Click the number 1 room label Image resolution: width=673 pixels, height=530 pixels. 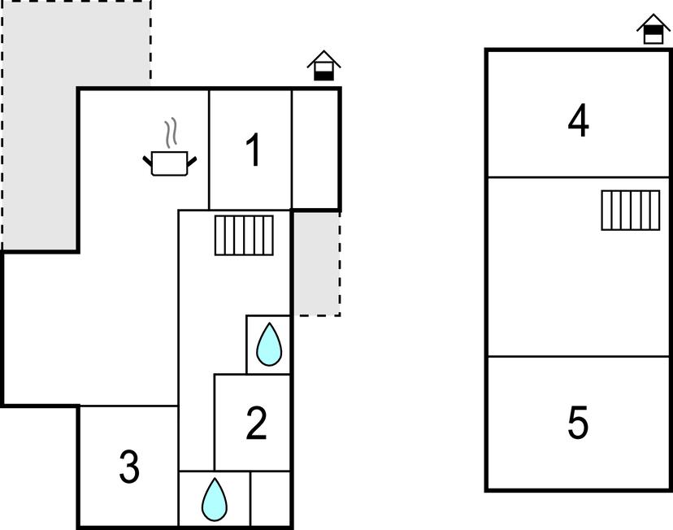[254, 150]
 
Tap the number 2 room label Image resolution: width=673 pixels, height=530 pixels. [256, 424]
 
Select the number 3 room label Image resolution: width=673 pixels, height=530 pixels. [129, 467]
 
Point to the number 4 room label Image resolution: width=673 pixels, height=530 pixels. [578, 120]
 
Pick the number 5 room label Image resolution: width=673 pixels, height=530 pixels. [578, 423]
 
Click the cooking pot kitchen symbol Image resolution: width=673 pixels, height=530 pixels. [170, 163]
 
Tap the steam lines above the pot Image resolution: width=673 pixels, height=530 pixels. [171, 132]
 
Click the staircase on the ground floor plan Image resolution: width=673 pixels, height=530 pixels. [244, 235]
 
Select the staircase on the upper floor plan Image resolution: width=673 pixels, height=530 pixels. [631, 211]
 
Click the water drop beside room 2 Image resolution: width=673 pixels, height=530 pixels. [269, 345]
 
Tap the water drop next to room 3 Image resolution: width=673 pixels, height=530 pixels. [215, 500]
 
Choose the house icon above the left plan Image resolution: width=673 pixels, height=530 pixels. [324, 66]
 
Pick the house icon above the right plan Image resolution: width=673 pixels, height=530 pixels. [653, 29]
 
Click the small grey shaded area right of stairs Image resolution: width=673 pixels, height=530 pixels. [317, 263]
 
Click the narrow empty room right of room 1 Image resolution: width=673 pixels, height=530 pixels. [315, 150]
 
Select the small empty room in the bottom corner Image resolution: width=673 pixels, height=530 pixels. [270, 498]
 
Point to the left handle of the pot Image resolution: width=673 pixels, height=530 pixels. [147, 162]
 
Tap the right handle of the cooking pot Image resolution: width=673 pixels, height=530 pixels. [192, 162]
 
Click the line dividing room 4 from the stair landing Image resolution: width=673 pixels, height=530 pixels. [579, 177]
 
